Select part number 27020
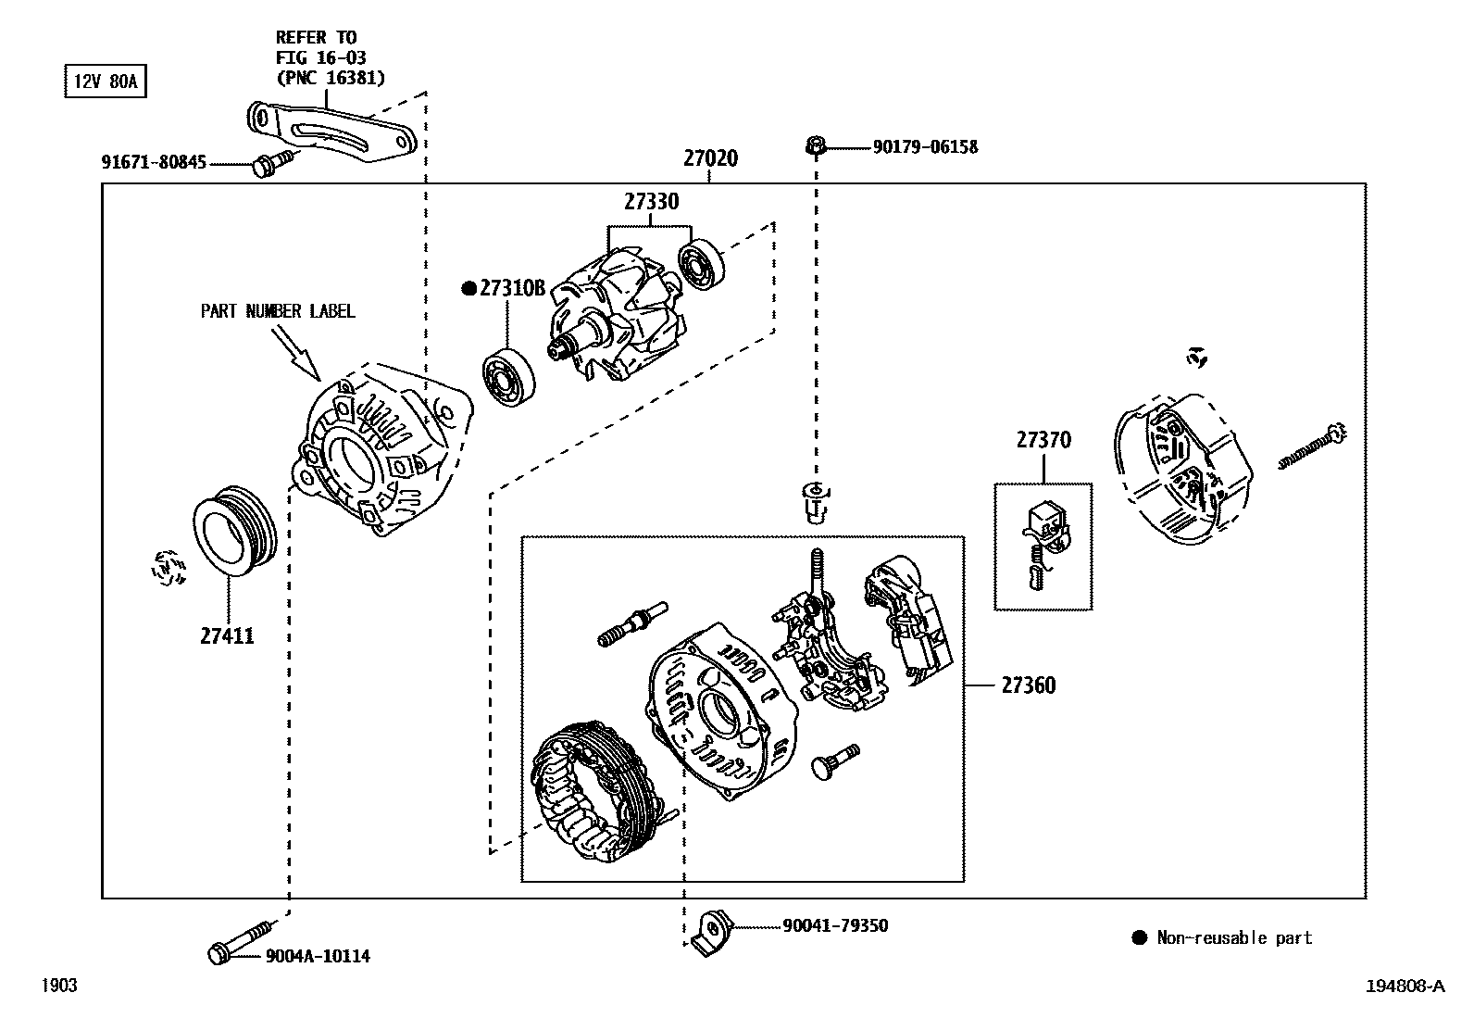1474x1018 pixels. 710,158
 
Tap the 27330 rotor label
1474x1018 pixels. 650,202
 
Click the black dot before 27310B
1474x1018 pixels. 468,288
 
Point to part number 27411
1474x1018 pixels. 227,636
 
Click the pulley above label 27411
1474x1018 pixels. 233,533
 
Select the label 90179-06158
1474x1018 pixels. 924,147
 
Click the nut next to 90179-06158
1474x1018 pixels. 816,145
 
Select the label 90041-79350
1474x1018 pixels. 834,925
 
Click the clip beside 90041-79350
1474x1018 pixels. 712,929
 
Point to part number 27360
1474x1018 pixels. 1028,685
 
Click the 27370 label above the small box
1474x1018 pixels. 1043,440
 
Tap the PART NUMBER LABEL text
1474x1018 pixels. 278,311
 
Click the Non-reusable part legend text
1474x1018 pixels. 1234,937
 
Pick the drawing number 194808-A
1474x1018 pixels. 1405,986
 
